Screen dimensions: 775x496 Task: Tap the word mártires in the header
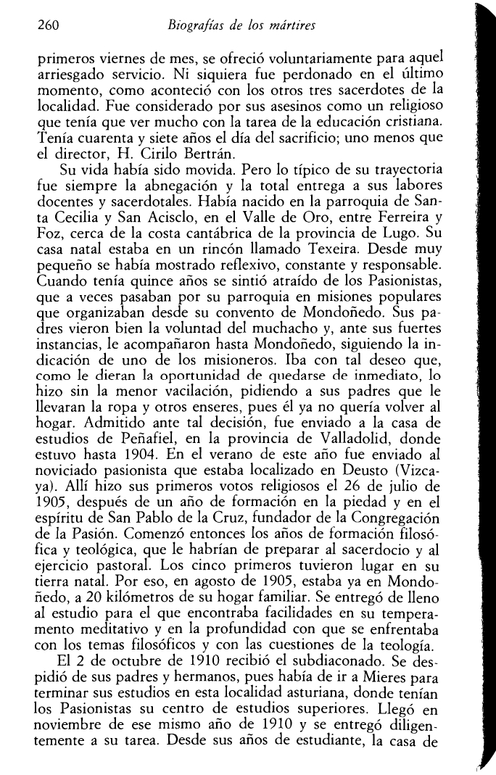point(294,28)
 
